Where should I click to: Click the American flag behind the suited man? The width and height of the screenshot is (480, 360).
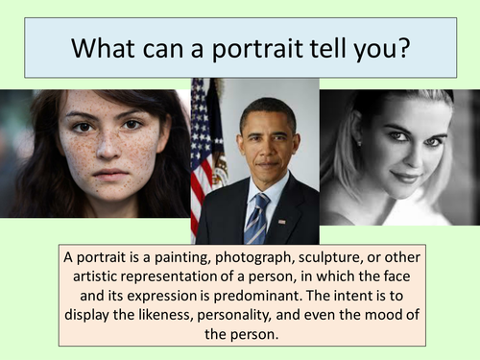coord(202,144)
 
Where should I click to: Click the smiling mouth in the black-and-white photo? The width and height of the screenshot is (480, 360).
coord(403,177)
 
